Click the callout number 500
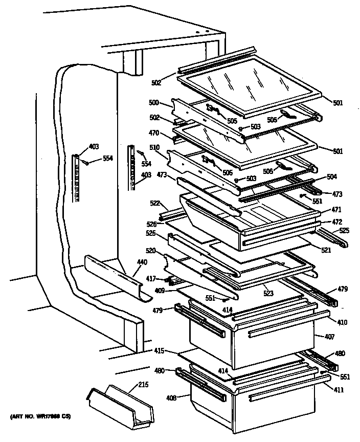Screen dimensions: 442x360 (153, 103)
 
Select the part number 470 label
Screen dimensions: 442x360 (153, 132)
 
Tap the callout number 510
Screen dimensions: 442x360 (154, 148)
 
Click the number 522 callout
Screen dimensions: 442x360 (154, 204)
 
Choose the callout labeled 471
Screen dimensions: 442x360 (336, 210)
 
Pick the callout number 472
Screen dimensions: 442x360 (336, 222)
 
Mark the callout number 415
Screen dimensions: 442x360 (160, 350)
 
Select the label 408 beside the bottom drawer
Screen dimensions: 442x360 (171, 396)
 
